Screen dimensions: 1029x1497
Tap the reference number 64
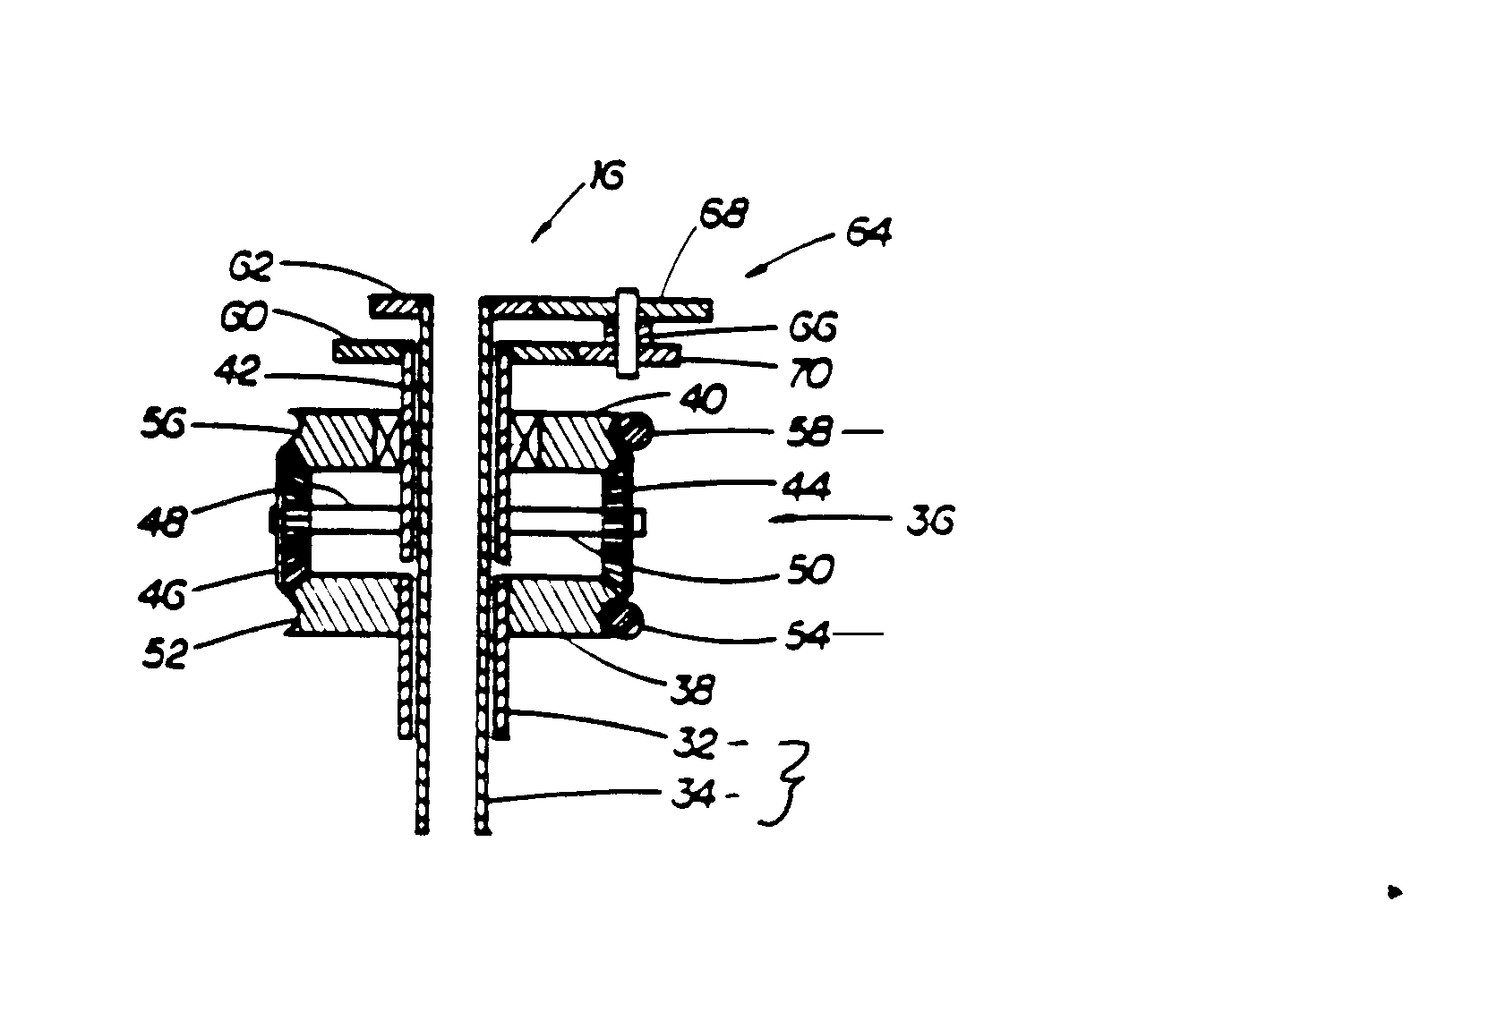[868, 236]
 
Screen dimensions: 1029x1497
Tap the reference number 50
[809, 568]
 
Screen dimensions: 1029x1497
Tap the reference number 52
[167, 654]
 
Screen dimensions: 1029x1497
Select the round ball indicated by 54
[628, 620]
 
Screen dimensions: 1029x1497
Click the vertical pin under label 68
[626, 331]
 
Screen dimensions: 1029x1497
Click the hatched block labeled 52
[346, 605]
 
